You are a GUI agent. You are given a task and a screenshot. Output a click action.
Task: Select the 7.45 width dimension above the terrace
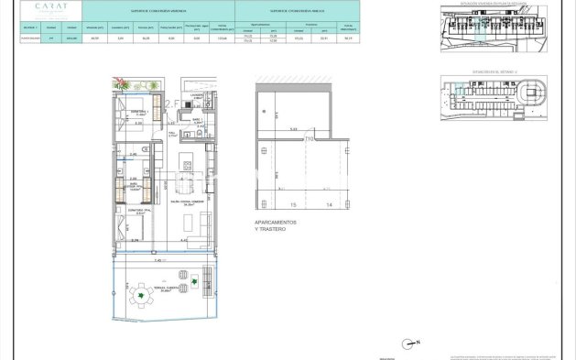158,260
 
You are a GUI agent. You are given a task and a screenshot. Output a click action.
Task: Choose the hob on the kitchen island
187,166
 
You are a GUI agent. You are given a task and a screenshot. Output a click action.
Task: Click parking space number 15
293,205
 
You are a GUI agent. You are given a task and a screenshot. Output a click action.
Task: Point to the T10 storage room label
309,138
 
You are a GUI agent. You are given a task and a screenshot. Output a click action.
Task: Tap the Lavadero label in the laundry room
196,95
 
